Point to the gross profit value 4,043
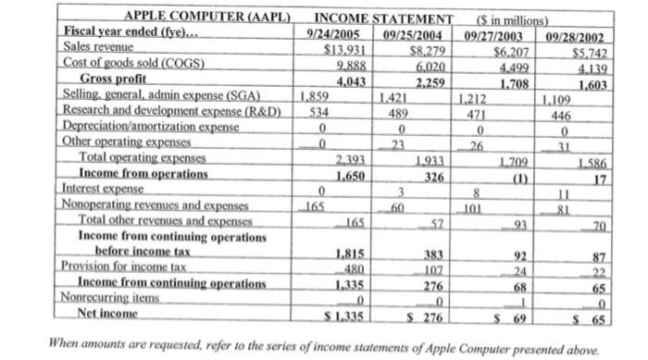[344, 80]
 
